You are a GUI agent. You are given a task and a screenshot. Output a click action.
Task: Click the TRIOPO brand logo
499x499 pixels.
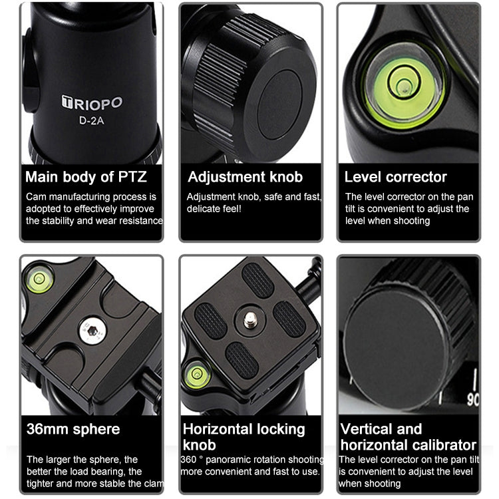tap(92, 102)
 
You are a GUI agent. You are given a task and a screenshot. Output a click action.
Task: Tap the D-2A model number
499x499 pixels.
tap(91, 120)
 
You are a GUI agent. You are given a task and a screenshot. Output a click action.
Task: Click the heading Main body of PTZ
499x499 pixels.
tap(86, 176)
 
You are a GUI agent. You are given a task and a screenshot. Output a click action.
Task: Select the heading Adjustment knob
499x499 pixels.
tap(245, 176)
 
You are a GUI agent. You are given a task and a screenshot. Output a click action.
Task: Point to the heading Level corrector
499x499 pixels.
tap(396, 176)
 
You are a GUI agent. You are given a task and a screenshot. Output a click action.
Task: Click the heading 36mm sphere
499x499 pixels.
tap(73, 429)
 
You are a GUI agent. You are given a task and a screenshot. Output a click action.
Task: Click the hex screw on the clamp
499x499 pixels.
tap(92, 331)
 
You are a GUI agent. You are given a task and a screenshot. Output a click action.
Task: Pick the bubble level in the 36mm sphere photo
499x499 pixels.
tap(39, 279)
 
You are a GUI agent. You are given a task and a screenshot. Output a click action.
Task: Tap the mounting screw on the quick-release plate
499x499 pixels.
tap(250, 320)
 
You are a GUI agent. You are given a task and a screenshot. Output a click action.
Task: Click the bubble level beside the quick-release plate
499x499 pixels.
tap(198, 374)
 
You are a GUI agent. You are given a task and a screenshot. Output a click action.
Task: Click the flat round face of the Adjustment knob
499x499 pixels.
tap(279, 105)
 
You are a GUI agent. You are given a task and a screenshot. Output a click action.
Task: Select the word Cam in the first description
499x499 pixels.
tap(37, 197)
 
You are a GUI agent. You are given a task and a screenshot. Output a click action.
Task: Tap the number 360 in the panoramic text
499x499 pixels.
tap(188, 460)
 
